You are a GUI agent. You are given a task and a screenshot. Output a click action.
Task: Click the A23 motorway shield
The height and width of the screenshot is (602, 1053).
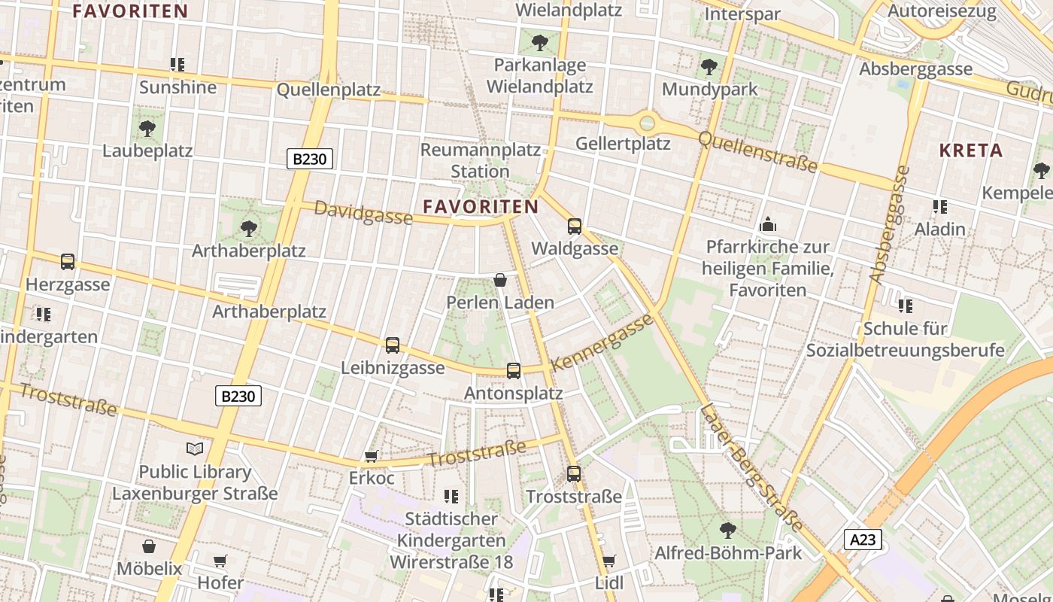(x=862, y=540)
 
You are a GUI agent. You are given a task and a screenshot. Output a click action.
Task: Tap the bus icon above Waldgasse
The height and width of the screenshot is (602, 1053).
(x=575, y=226)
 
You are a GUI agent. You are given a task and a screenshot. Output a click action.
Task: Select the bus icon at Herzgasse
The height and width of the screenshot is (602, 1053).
(x=68, y=262)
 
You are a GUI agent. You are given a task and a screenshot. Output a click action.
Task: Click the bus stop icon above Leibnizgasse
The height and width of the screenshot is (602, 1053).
(x=393, y=345)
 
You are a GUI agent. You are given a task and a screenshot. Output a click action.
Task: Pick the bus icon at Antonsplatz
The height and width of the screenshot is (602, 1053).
(x=514, y=370)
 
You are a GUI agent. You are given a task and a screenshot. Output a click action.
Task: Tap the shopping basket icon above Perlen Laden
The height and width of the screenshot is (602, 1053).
(x=500, y=281)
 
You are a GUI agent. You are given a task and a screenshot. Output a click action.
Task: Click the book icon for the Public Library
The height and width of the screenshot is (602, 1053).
(x=195, y=449)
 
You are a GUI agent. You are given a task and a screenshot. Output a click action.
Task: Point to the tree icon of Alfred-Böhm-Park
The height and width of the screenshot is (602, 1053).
(x=727, y=530)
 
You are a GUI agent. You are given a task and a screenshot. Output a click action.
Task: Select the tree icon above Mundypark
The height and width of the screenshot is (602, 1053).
(x=709, y=67)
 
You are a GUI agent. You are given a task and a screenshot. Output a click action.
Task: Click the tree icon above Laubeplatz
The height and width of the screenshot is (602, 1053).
(x=147, y=128)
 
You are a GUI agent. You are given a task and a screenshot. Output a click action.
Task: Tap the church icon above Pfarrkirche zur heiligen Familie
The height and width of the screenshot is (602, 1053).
(x=768, y=224)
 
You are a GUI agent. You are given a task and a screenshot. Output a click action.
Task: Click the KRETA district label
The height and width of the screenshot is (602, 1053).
(x=970, y=150)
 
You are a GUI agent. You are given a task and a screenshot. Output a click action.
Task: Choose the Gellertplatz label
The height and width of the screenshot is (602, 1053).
(x=623, y=143)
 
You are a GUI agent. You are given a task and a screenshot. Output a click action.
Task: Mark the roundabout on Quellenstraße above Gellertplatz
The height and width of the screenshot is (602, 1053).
(x=647, y=122)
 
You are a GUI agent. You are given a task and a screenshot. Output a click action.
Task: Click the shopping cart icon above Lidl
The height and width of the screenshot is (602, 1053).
(x=608, y=561)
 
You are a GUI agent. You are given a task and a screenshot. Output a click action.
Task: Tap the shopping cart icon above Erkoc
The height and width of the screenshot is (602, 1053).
(x=371, y=456)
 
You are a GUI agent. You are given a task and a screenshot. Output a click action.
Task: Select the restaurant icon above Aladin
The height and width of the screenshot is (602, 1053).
(x=939, y=206)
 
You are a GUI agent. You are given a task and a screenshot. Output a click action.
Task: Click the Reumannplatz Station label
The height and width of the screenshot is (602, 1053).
(x=480, y=160)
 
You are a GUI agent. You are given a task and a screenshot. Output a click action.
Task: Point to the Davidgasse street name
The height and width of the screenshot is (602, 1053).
(x=363, y=212)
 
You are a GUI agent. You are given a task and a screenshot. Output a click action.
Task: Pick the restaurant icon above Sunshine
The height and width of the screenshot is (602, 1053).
(x=178, y=65)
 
